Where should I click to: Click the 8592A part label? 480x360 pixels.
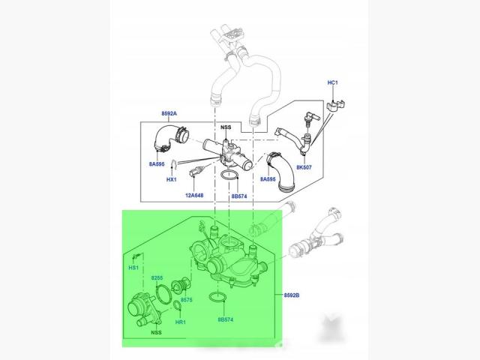coord(169,113)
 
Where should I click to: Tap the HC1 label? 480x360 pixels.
coord(332,82)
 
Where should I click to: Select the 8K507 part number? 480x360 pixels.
coord(304,167)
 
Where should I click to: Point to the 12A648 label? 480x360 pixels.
coord(194,195)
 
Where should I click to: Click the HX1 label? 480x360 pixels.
coord(172,179)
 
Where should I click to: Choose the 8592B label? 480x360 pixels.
coord(292,295)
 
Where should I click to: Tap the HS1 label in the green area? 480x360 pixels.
coord(133,268)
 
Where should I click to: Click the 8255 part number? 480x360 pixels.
coord(157,278)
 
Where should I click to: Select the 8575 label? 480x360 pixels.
coord(187,300)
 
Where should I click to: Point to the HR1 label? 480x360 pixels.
coord(181,322)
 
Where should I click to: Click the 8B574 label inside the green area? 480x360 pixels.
coord(226,319)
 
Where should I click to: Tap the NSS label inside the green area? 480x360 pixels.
coord(156,332)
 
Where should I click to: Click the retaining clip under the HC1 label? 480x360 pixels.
coord(335,105)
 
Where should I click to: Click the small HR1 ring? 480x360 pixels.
coord(178,305)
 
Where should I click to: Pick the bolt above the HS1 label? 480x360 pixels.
coord(136,256)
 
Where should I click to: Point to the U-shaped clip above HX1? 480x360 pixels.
coord(174,166)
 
